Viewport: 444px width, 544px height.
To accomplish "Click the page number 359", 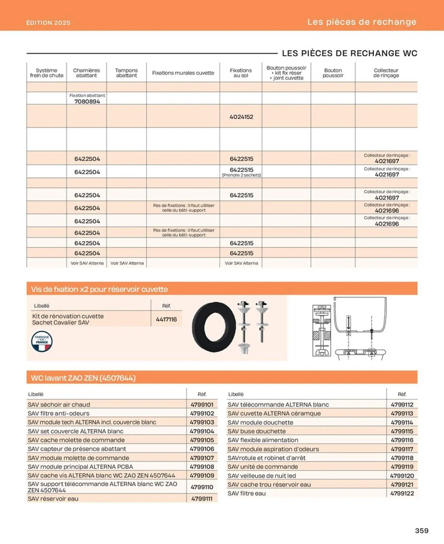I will [421, 531].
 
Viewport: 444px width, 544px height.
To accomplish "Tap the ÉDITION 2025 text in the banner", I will [48, 23].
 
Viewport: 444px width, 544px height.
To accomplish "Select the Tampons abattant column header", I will [127, 73].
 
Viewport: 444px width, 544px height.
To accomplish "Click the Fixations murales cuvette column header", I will [183, 73].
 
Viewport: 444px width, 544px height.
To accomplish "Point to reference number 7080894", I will [87, 102].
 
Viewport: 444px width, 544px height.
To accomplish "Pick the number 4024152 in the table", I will [241, 117].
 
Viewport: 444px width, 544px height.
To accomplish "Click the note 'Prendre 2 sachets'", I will [241, 175].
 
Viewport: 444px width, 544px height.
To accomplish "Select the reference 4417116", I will [166, 319].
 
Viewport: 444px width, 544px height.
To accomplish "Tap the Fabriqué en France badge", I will [42, 341].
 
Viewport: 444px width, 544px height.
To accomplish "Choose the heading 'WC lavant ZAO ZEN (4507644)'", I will [83, 378].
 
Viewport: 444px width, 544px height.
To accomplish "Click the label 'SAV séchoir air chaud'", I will [59, 404].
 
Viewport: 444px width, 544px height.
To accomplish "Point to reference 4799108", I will [202, 467].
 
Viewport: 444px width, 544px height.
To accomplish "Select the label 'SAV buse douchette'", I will [257, 431].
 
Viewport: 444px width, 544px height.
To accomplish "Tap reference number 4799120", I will [402, 476].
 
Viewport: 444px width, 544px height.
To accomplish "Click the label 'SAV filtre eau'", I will [247, 493].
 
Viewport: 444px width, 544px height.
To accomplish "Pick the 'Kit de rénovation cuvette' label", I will [68, 316].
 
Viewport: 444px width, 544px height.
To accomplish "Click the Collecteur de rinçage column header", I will [386, 73].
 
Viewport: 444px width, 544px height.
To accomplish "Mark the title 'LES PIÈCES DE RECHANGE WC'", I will [349, 53].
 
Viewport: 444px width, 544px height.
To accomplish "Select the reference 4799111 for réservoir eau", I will [202, 499].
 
